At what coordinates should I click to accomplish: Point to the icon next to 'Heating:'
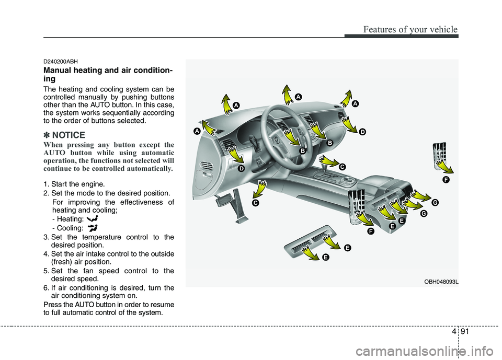pos(93,218)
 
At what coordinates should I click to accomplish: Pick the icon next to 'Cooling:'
pos(93,227)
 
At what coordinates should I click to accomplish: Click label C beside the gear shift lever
pos(341,167)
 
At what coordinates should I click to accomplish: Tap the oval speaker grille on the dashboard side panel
pos(207,166)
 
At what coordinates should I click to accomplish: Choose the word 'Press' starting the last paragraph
pos(52,305)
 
